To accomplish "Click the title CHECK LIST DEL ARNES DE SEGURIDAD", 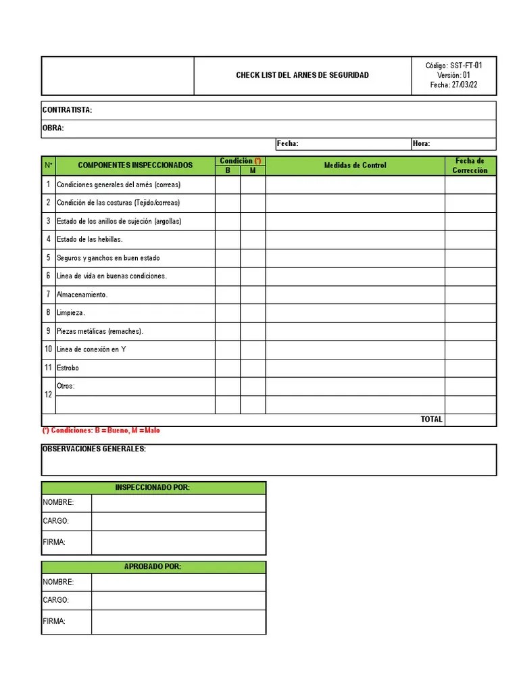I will click(302, 75).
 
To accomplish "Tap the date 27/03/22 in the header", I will click(464, 85).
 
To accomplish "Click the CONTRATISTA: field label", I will click(68, 110).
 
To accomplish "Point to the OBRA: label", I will click(53, 128).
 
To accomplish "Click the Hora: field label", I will click(421, 144).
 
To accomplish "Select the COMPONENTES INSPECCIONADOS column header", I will click(135, 166).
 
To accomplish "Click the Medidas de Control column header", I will click(355, 166).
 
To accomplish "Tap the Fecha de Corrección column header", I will click(470, 166).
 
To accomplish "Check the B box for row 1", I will click(228, 184).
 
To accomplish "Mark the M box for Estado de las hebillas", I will click(253, 239).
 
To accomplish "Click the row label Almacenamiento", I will click(82, 295).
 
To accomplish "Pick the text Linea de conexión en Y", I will click(91, 349).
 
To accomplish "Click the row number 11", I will click(48, 368).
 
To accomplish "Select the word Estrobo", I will click(68, 368).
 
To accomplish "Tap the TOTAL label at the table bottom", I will click(431, 420).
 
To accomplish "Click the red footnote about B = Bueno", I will click(101, 430).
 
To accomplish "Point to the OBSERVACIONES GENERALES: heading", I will click(94, 449).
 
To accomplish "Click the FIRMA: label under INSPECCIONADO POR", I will click(54, 543).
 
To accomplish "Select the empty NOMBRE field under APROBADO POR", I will click(178, 582).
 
